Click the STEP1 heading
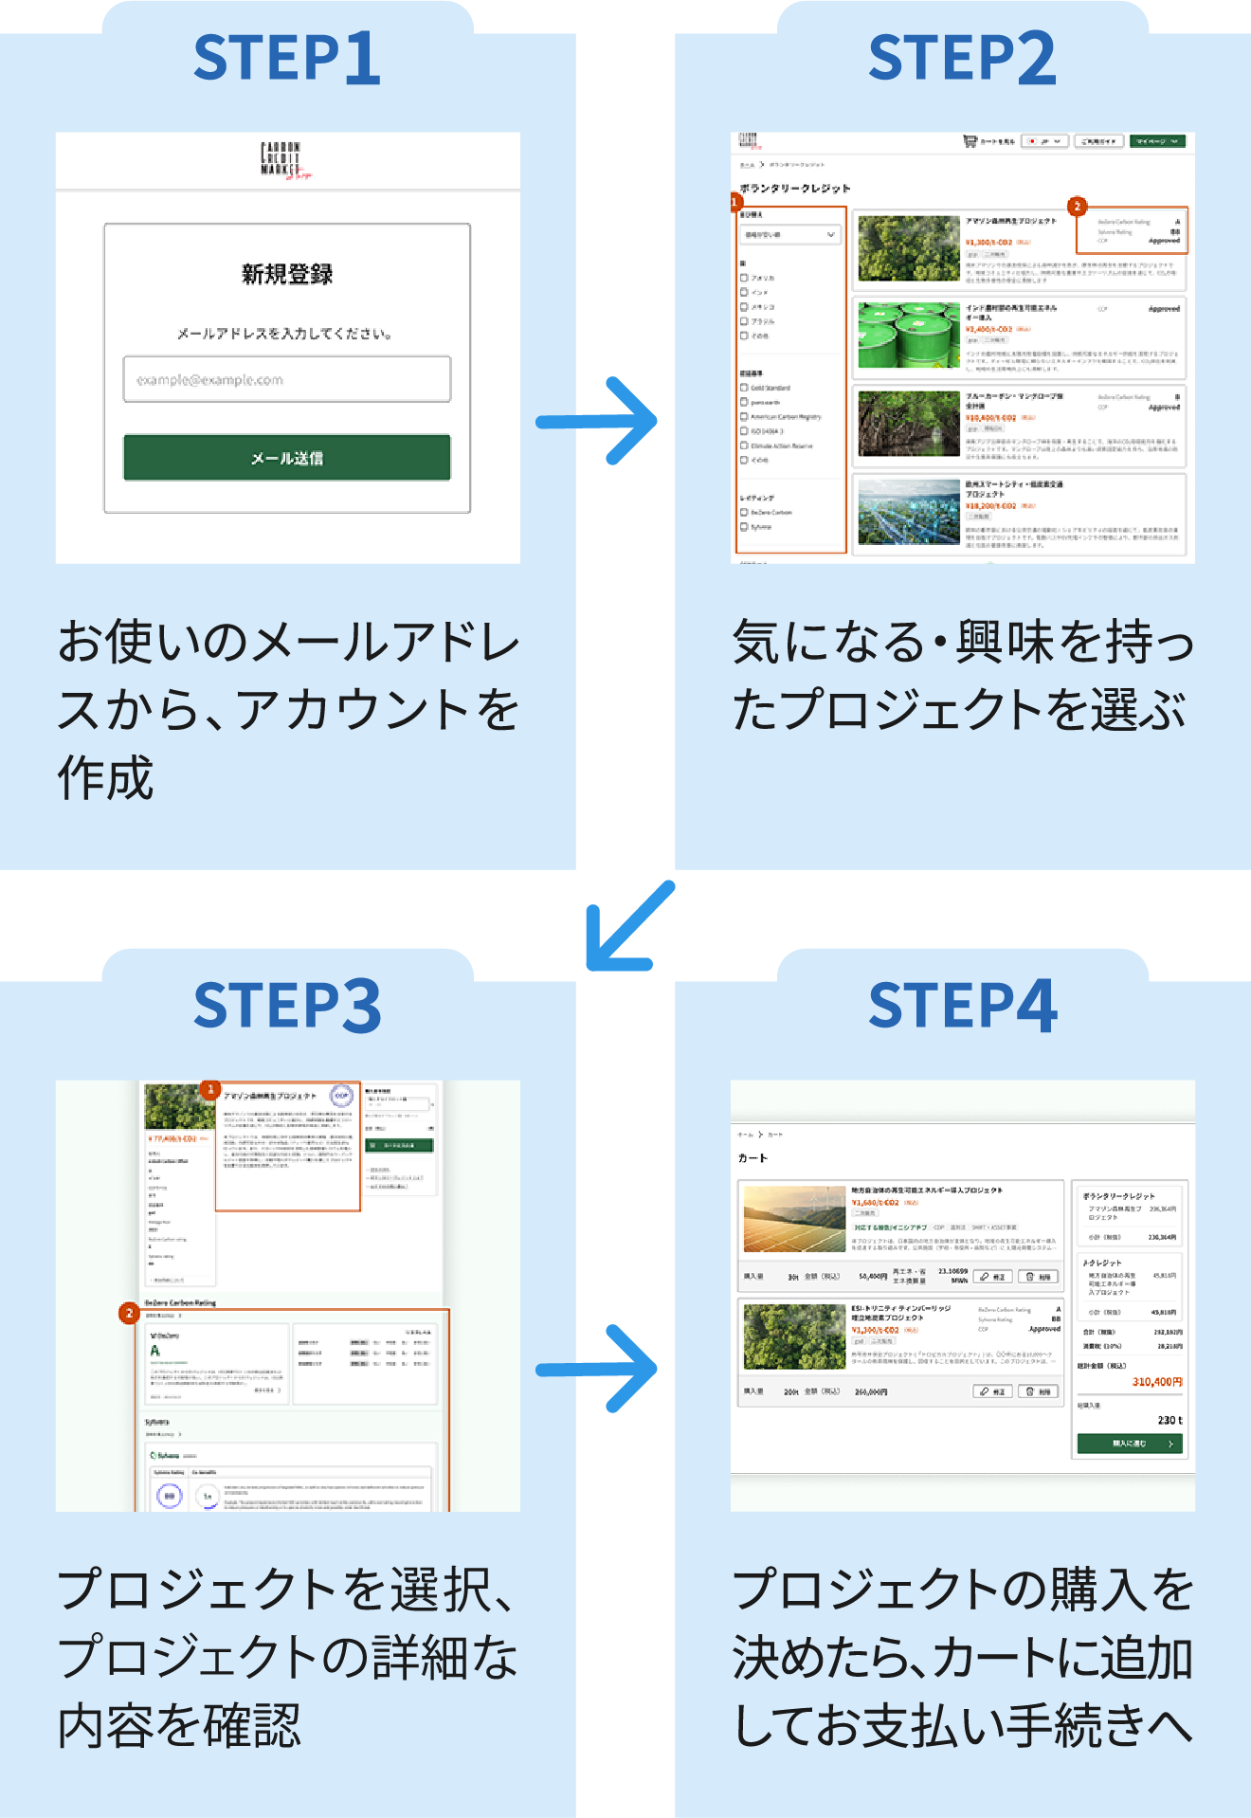point(287,58)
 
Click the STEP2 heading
point(962,58)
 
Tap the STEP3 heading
point(287,1006)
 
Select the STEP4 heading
point(962,1006)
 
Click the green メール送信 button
point(286,458)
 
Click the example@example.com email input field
point(286,379)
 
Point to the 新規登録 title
point(286,275)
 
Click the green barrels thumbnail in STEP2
point(909,335)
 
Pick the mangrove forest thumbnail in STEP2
point(909,424)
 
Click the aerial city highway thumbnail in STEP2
point(909,512)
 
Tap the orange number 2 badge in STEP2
point(1076,206)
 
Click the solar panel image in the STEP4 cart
point(794,1219)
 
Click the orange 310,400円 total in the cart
point(1157,1382)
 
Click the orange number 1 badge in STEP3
point(210,1089)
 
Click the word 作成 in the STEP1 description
point(105,779)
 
